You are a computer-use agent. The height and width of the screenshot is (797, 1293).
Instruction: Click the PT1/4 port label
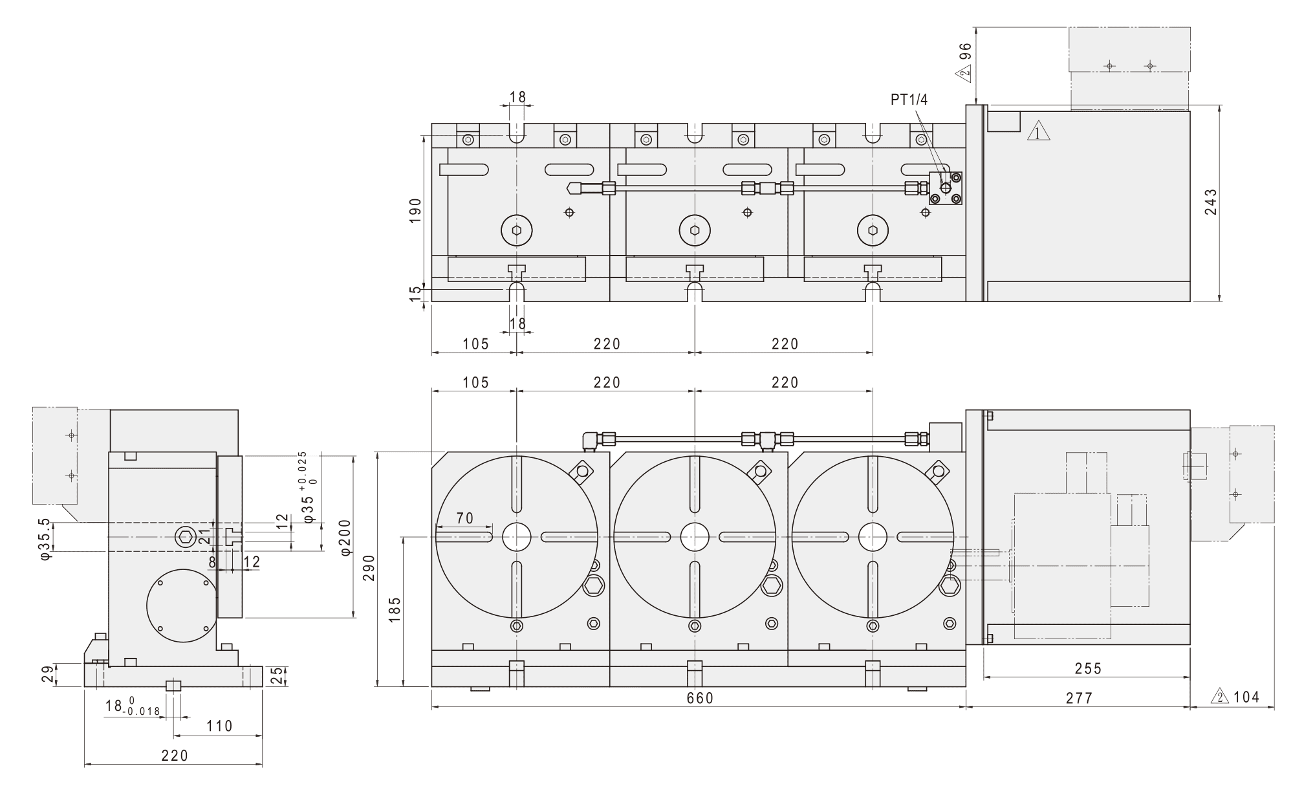(909, 100)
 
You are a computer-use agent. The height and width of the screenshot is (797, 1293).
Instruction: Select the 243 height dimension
(1210, 202)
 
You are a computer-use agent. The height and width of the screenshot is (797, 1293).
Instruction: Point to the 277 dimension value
(1079, 698)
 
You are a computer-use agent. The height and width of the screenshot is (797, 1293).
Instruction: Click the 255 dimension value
(1088, 668)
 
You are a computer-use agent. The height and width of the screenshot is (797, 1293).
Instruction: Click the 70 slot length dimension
(464, 518)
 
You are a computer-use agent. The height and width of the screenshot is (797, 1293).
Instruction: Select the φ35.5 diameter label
(45, 538)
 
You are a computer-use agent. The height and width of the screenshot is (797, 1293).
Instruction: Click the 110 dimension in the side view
(219, 726)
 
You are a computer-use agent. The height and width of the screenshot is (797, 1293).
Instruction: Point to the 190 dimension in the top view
(415, 210)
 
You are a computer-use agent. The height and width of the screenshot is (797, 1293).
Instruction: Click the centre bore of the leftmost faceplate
(516, 537)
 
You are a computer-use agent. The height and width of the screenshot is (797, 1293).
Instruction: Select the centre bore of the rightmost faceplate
(873, 537)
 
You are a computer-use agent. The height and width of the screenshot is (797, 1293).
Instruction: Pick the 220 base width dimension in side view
(175, 756)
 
